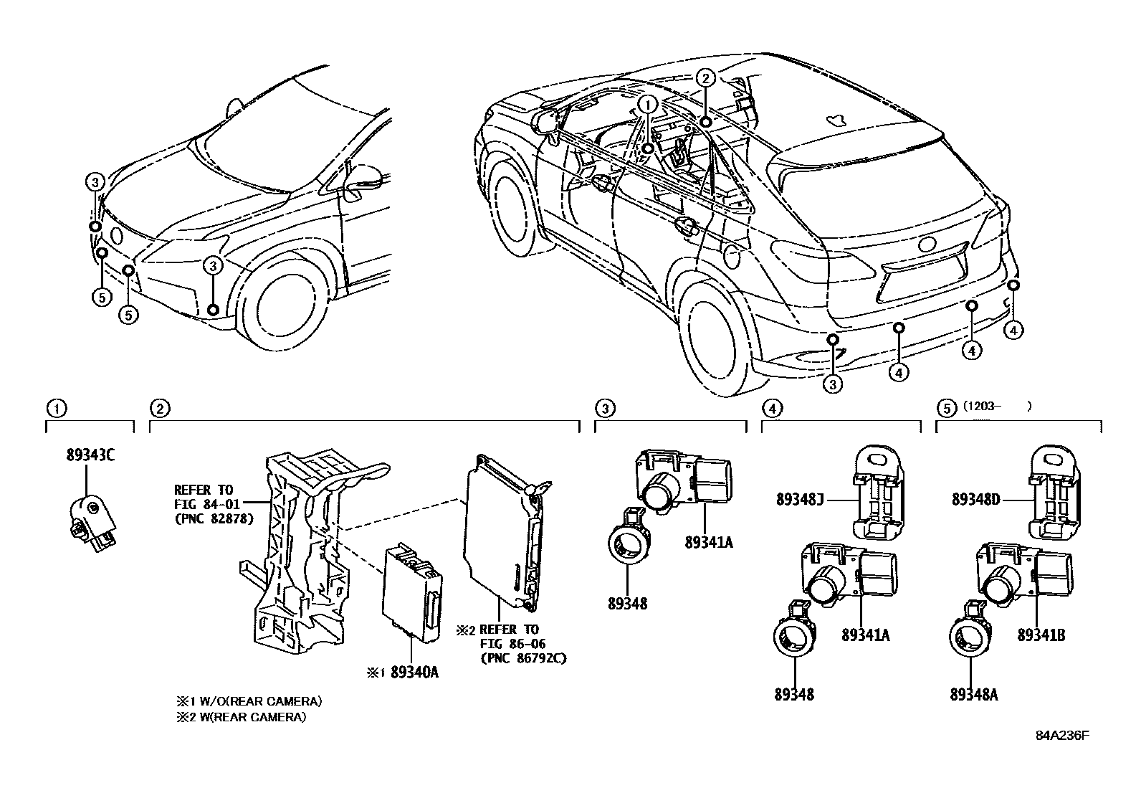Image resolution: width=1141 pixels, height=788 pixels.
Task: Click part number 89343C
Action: pyautogui.click(x=90, y=454)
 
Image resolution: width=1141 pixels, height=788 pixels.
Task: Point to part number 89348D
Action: pyautogui.click(x=975, y=499)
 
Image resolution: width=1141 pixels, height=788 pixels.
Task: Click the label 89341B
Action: pyautogui.click(x=1041, y=635)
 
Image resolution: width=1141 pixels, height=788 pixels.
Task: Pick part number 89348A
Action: pyautogui.click(x=973, y=694)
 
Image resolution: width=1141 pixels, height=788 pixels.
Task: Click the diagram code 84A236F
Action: pyautogui.click(x=1062, y=736)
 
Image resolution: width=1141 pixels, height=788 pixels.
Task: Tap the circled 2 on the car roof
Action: pyautogui.click(x=705, y=79)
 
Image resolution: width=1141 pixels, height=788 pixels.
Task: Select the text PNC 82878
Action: pyautogui.click(x=214, y=519)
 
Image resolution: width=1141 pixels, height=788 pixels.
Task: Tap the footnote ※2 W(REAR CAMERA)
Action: pyautogui.click(x=241, y=716)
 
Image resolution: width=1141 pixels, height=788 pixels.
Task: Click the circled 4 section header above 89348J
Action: pyautogui.click(x=771, y=408)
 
